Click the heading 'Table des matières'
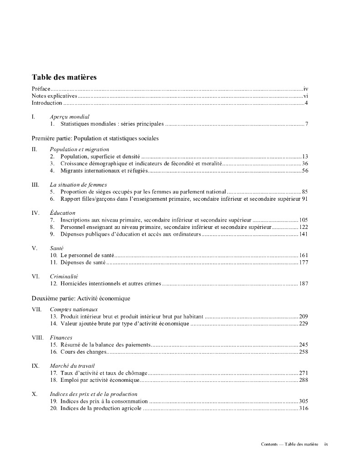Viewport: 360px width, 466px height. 64,77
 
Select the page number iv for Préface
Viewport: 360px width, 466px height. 306,89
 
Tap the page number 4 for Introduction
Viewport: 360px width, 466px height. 306,103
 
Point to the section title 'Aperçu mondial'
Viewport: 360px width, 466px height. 70,117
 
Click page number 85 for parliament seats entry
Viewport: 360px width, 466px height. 305,192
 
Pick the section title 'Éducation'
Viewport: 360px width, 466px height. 63,213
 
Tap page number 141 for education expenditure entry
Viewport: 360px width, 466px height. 304,234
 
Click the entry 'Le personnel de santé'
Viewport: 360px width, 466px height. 87,255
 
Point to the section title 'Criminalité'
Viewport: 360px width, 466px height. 64,276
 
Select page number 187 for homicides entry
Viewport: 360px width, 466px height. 304,284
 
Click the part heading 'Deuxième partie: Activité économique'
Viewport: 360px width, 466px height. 81,298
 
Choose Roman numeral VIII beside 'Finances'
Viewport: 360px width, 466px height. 38,338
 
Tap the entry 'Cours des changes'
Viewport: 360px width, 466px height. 84,352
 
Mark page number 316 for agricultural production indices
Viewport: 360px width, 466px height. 304,408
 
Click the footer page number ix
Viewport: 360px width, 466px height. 326,444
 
